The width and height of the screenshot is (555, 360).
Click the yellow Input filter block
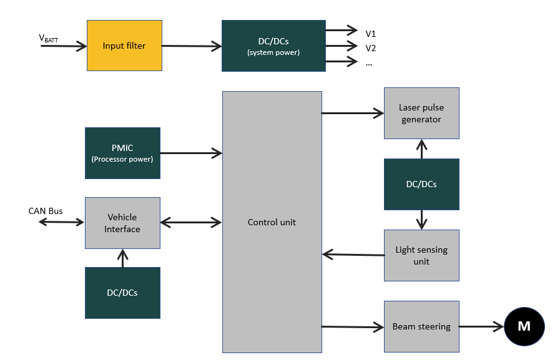(x=124, y=46)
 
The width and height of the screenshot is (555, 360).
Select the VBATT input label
(x=48, y=38)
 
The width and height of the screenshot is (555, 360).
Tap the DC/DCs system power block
(x=273, y=46)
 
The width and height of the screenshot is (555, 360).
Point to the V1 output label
(x=371, y=33)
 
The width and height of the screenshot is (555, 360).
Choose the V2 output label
(x=371, y=48)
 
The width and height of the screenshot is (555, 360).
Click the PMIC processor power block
(x=122, y=153)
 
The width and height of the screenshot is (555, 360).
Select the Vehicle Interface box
(x=122, y=223)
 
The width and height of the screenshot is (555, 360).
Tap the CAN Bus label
(x=46, y=211)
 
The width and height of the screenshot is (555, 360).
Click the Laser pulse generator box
(x=421, y=113)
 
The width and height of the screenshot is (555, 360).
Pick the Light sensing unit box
(x=421, y=255)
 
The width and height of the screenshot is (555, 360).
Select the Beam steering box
(x=421, y=326)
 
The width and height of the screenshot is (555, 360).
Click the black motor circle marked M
(x=524, y=326)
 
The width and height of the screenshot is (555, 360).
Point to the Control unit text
(x=272, y=222)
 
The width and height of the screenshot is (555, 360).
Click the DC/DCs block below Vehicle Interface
(x=122, y=293)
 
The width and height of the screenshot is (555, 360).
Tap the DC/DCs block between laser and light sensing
(x=421, y=184)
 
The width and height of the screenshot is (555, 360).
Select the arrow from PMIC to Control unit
(x=191, y=152)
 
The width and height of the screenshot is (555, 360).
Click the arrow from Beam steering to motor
(x=481, y=326)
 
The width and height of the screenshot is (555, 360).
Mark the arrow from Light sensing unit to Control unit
(x=353, y=254)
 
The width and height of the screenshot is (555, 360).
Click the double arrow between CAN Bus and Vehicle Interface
(x=61, y=221)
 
